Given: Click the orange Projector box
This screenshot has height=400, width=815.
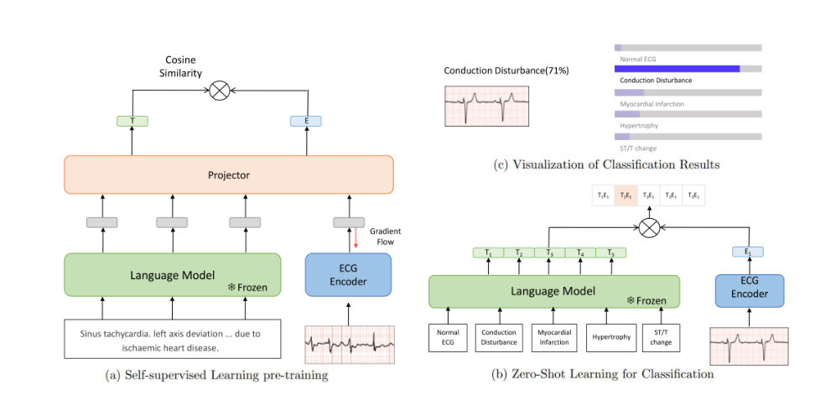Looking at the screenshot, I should coord(229,175).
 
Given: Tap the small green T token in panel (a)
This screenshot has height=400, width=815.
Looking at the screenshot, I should coord(132,121).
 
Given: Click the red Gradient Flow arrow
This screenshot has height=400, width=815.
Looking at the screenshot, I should coord(356,236).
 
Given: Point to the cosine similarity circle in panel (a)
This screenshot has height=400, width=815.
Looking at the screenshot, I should coord(220,91).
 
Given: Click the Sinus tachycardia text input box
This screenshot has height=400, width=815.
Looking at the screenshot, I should coord(172,340).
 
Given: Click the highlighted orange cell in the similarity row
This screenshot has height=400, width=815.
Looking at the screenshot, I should coord(626,195).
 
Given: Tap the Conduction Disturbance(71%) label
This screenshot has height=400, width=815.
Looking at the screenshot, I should coord(506,70).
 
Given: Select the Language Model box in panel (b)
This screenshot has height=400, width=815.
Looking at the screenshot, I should coord(553,291).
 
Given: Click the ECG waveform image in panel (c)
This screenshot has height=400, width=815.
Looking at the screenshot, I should coord(487,104).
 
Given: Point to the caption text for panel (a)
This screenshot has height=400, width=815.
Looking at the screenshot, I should coord(217,375).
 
